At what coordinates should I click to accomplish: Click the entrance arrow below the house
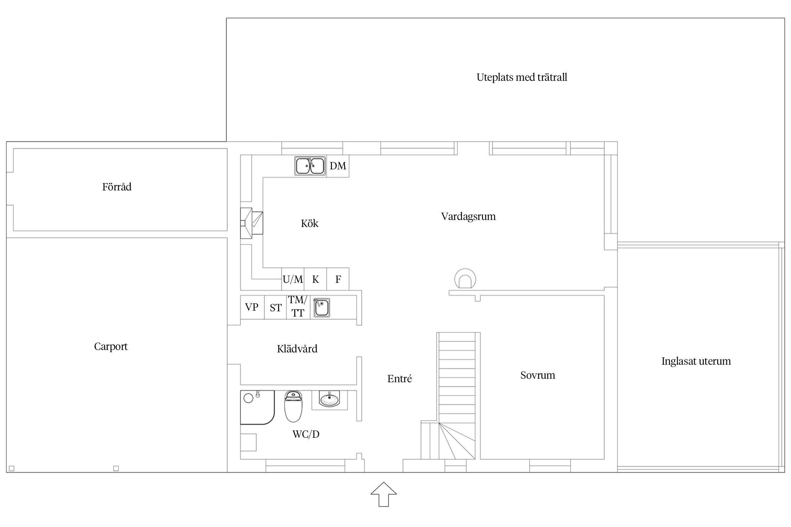[x=384, y=494]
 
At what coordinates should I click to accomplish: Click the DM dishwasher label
[x=338, y=166]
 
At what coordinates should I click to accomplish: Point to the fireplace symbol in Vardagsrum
[x=465, y=279]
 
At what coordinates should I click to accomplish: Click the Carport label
[x=111, y=347]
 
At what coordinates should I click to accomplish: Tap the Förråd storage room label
[x=117, y=187]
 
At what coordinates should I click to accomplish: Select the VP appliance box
[x=252, y=307]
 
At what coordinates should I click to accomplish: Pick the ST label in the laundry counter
[x=276, y=308]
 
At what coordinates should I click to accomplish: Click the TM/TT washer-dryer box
[x=298, y=307]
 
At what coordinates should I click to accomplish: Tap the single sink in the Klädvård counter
[x=322, y=308]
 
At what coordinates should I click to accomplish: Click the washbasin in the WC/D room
[x=329, y=400]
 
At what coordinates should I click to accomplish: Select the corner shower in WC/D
[x=257, y=407]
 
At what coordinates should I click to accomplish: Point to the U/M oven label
[x=293, y=280]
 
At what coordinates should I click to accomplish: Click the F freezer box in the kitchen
[x=338, y=279]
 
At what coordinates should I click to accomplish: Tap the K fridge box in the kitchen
[x=315, y=279]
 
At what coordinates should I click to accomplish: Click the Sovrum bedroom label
[x=538, y=375]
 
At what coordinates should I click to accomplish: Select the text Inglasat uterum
[x=696, y=361]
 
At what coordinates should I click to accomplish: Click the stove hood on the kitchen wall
[x=252, y=223]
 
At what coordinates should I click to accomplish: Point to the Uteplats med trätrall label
[x=522, y=77]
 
